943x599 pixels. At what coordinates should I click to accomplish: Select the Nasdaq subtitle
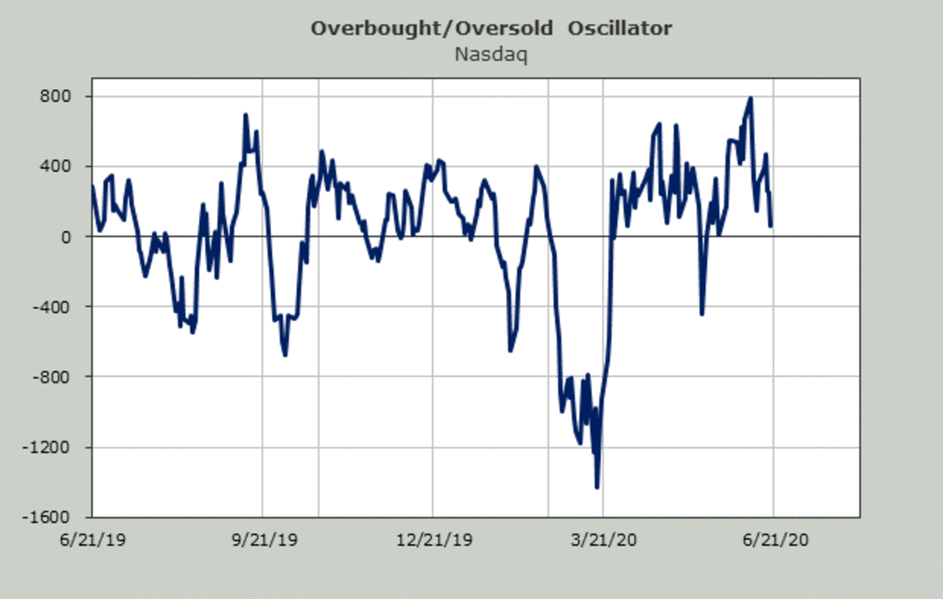490,55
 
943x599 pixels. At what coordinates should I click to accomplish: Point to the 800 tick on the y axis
65,97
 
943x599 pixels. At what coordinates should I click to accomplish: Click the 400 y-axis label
65,166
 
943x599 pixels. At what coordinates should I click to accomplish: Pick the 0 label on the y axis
75,236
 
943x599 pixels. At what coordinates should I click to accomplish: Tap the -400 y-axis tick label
62,307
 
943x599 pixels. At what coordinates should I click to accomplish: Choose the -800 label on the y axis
62,377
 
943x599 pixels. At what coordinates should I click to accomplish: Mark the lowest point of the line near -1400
597,488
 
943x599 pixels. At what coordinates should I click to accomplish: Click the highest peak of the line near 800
750,98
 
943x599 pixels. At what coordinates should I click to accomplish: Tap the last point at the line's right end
771,226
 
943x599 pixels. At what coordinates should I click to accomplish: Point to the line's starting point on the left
93,187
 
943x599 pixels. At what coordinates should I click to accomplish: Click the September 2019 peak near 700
246,115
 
